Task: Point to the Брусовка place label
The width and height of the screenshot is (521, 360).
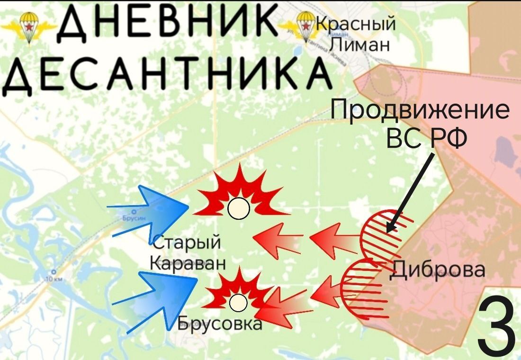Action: point(220,324)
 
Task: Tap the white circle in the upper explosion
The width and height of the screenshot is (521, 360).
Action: point(237,209)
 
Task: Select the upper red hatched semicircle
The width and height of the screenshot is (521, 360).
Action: point(381,234)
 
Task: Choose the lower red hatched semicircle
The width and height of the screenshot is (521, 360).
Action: point(362,288)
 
